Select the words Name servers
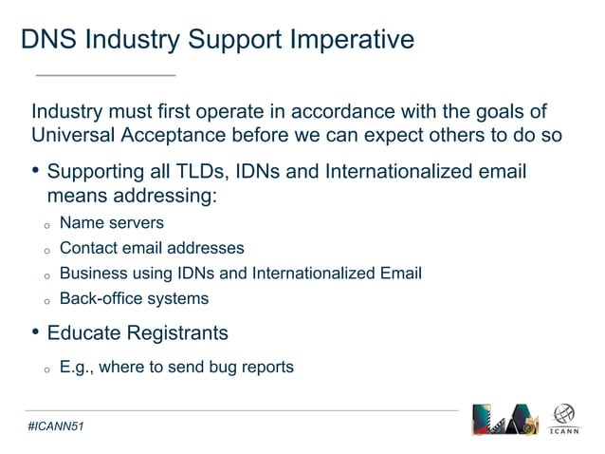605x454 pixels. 111,223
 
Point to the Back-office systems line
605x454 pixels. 134,298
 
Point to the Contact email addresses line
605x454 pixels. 152,248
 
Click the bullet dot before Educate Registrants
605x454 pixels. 35,333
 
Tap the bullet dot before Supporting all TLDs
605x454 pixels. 35,173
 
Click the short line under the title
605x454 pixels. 105,74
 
